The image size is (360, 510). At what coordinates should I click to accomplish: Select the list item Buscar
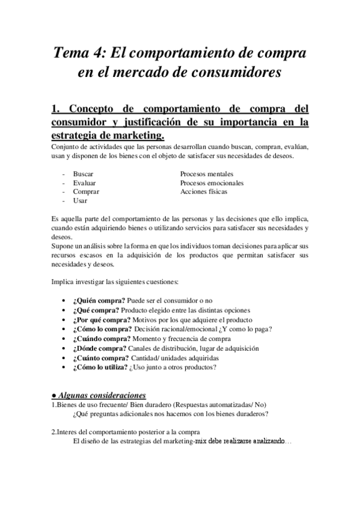pos(83,174)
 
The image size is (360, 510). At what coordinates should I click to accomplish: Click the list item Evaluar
pos(84,183)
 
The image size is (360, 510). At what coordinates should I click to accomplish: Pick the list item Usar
pos(80,201)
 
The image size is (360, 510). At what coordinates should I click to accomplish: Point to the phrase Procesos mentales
pos(207,174)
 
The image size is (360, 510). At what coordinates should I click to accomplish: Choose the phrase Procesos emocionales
pos(212,183)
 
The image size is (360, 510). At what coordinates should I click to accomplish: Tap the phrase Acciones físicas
pos(204,192)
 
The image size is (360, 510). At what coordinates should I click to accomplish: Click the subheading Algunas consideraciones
pos(102,395)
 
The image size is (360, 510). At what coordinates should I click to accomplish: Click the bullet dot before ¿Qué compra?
pos(64,310)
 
